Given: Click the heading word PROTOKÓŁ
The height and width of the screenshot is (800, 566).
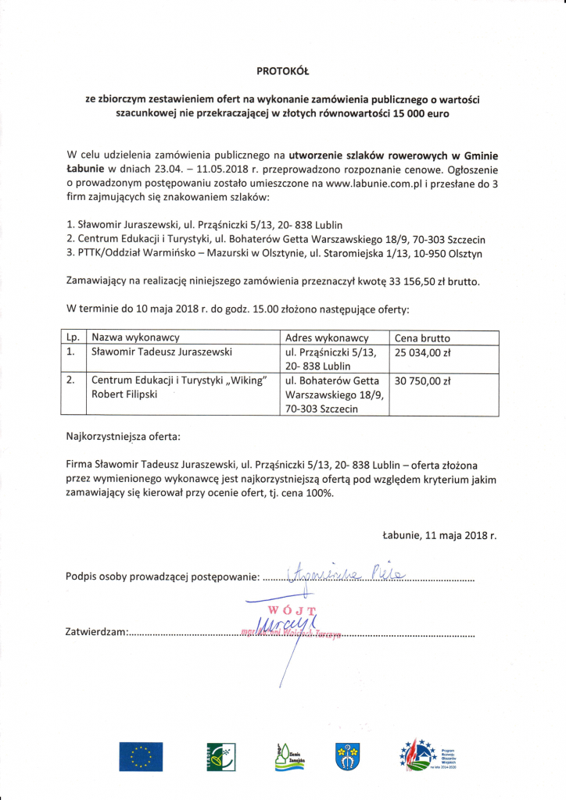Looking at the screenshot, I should pyautogui.click(x=283, y=71).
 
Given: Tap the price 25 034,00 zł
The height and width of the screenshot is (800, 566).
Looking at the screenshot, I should pyautogui.click(x=423, y=353).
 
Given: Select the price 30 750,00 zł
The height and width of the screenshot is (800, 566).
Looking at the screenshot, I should pyautogui.click(x=423, y=382).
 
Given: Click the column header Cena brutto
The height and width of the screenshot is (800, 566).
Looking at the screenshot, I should pyautogui.click(x=422, y=337).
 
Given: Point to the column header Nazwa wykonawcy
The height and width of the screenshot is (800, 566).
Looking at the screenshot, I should pyautogui.click(x=136, y=337).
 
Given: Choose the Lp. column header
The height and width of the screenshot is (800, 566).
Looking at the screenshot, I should pyautogui.click(x=73, y=337).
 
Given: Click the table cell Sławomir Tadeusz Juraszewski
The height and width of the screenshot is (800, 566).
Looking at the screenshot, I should pyautogui.click(x=162, y=352).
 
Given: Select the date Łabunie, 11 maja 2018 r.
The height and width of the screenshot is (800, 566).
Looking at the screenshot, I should pyautogui.click(x=439, y=536).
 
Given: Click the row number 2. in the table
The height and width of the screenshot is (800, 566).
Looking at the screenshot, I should pyautogui.click(x=71, y=380).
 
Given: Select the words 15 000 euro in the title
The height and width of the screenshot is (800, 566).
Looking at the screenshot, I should pyautogui.click(x=420, y=113).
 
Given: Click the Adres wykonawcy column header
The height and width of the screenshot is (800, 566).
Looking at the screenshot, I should pyautogui.click(x=327, y=337).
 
